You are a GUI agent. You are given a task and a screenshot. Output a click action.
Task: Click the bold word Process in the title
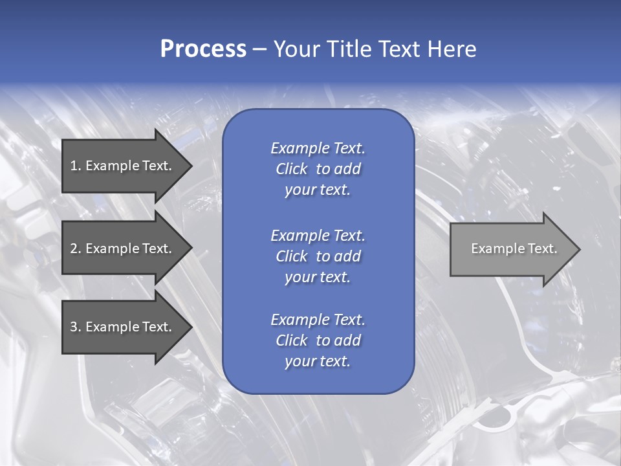click(203, 49)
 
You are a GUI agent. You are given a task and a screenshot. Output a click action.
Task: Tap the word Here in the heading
click(452, 49)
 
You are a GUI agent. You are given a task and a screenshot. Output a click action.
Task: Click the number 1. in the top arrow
click(76, 166)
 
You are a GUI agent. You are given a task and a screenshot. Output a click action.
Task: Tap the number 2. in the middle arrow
click(76, 249)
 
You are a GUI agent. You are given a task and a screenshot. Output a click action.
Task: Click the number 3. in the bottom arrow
click(76, 327)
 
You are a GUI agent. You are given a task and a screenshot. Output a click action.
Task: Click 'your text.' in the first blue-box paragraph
click(318, 190)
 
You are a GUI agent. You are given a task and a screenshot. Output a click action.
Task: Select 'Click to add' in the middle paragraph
click(318, 256)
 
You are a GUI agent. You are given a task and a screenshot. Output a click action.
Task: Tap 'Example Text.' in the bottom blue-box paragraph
click(318, 320)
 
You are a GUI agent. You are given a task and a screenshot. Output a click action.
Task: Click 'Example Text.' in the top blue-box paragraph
click(318, 148)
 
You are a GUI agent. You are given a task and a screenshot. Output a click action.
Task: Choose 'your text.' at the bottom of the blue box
click(318, 362)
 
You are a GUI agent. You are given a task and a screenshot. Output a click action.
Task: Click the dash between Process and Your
click(259, 50)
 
